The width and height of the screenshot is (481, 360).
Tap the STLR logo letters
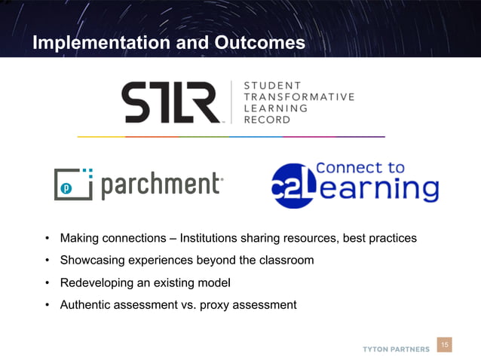(171, 102)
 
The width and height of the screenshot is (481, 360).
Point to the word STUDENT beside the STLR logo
(272, 85)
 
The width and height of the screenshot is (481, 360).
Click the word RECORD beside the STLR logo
(266, 120)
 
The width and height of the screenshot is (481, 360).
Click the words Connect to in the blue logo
(360, 167)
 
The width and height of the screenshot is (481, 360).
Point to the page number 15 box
(445, 345)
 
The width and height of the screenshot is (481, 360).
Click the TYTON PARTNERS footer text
(396, 349)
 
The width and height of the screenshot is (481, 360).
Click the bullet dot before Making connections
(47, 239)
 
